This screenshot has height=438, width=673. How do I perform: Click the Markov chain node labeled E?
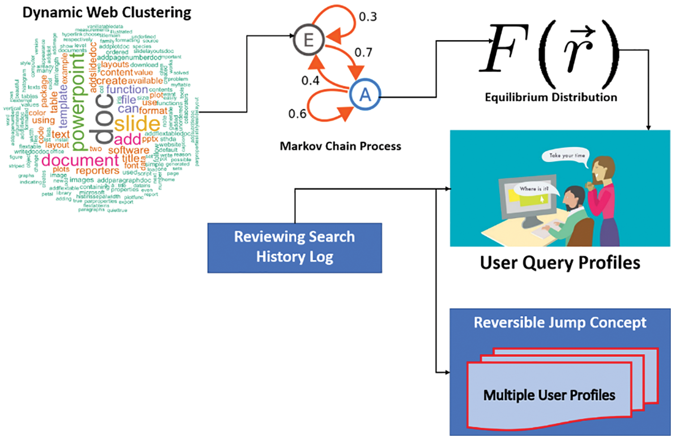(308, 40)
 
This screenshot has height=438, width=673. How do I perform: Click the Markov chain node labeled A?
(365, 95)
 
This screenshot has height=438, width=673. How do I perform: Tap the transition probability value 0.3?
(368, 17)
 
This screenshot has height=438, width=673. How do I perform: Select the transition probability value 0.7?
(363, 53)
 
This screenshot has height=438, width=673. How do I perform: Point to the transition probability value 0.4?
(310, 81)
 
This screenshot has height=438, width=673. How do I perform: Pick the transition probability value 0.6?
(297, 114)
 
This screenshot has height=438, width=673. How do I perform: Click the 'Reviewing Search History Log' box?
(294, 247)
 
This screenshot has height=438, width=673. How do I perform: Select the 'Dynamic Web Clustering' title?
(106, 13)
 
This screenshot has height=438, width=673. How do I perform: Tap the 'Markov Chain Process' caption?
(340, 146)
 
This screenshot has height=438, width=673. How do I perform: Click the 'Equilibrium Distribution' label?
(551, 97)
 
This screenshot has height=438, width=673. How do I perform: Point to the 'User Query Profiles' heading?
(560, 262)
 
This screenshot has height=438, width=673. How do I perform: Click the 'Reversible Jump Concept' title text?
(560, 322)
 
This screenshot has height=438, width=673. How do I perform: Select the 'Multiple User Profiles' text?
(549, 395)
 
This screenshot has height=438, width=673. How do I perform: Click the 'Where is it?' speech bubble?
(534, 189)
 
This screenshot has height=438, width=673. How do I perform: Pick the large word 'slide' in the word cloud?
(137, 124)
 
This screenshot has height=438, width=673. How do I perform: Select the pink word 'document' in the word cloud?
(80, 160)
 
